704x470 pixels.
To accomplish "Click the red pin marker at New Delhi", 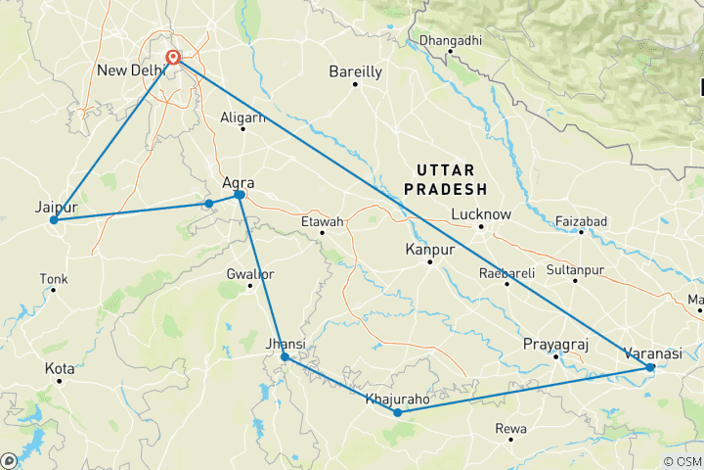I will coord(173,58).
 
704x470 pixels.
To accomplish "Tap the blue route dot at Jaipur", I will coord(54,220).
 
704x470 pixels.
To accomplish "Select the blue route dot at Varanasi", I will coord(650,367).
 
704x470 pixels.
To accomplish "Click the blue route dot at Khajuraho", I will coord(397,413).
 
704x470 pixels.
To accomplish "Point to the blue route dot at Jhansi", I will coord(285,357).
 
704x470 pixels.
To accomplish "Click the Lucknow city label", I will coord(481,214).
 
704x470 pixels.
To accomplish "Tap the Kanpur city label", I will coord(430,251).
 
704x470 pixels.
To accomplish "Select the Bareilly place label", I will coord(355,71).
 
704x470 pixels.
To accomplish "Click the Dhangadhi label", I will coord(451,41).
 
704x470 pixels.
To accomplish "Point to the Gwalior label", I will coord(250,273).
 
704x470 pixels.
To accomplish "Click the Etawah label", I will coord(323,222).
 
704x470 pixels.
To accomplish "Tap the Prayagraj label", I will coord(554,345).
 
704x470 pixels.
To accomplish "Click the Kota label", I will coord(60,368).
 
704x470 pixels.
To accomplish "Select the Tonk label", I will coord(54,279).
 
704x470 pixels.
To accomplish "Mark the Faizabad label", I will coord(581,221).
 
